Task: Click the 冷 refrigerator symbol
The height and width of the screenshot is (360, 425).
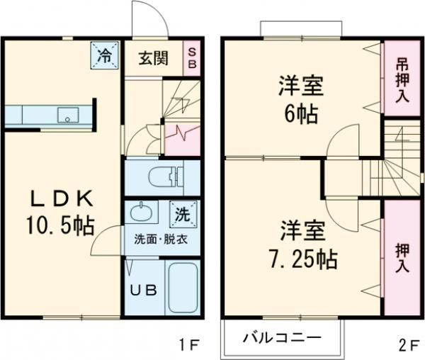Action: pos(103,55)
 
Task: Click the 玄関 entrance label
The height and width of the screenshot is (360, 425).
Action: pos(152,58)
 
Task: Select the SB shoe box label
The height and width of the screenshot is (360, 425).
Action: pos(191,57)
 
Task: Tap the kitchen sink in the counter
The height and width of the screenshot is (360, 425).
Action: pos(69,114)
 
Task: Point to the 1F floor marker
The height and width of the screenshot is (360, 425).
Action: pos(190,345)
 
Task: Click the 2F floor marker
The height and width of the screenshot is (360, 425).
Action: pos(407,345)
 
